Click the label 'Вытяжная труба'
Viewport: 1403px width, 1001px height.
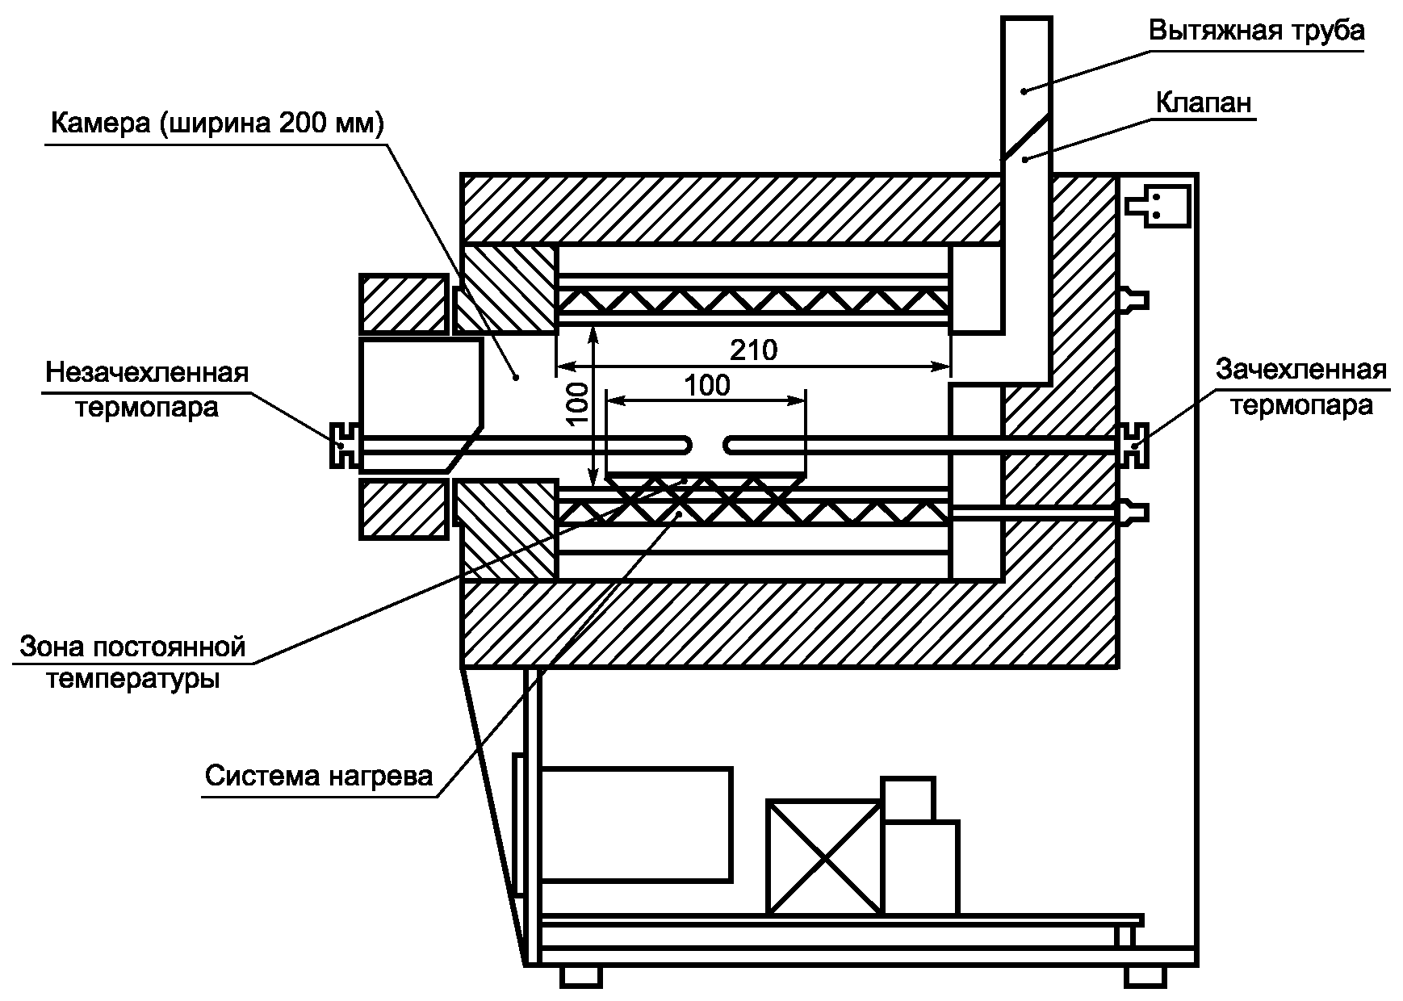(1256, 31)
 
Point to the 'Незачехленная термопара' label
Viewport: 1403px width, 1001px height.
(147, 389)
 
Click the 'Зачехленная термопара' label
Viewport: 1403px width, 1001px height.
(1300, 386)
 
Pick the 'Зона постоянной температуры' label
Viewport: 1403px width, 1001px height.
(132, 663)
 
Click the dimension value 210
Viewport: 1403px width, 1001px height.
(753, 350)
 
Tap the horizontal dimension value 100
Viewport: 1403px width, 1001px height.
(707, 385)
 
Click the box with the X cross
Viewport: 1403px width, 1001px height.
(823, 857)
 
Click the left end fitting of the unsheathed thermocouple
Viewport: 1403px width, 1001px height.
(341, 446)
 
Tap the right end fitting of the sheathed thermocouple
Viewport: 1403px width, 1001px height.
(1136, 445)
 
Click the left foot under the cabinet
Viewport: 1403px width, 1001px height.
(581, 976)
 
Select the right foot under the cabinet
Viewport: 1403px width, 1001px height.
(1145, 976)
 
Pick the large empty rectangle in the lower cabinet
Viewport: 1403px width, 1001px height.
(636, 823)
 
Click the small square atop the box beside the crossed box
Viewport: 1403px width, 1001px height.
(908, 799)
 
